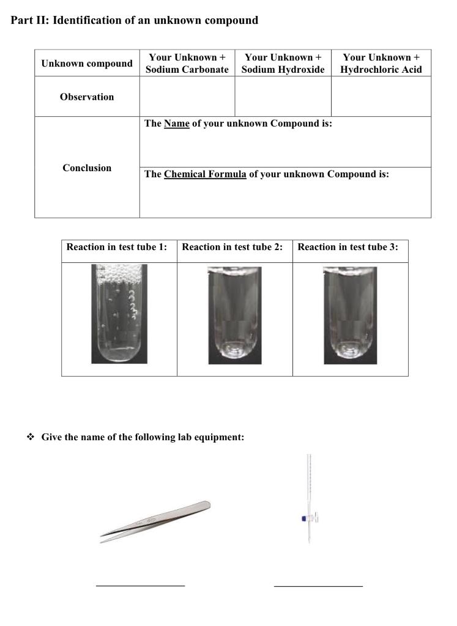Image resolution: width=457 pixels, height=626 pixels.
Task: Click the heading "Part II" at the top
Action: pos(134,20)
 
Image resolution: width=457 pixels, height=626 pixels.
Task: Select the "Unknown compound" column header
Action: pos(87,64)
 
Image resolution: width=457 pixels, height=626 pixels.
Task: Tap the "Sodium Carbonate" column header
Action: pos(187,64)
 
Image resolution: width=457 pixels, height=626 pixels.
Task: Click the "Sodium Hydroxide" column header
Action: pos(283,64)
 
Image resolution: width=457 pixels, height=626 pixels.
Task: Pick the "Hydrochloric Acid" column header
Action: pos(381,64)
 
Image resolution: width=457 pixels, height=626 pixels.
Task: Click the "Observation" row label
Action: pos(87,97)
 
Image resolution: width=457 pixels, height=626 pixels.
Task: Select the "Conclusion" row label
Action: pos(87,168)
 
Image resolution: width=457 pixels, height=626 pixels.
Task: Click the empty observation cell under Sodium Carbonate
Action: pos(187,97)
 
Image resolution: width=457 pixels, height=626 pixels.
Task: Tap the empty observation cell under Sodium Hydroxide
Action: pos(283,97)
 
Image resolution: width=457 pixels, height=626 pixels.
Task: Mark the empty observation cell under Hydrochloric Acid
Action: pos(381,97)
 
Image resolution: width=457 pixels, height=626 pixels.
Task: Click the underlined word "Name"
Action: pos(177,123)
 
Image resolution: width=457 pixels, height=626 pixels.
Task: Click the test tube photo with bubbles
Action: pos(119,314)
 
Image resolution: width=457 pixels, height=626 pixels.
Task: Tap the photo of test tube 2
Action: pos(234,315)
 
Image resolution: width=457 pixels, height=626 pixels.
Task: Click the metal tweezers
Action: pos(155,522)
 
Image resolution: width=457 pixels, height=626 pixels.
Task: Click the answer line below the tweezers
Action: pos(140,586)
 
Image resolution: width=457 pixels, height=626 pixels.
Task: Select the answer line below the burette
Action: pos(318,586)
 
